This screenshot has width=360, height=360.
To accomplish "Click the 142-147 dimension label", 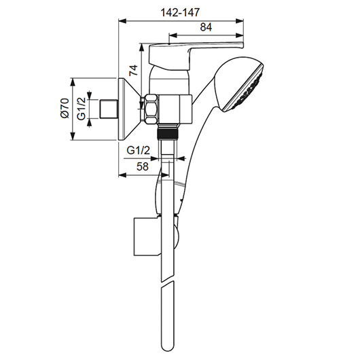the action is click(180, 12).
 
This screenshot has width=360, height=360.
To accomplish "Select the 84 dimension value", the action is click(206, 27).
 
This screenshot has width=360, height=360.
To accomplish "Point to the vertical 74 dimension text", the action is click(133, 70).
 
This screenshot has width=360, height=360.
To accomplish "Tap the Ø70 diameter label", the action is click(65, 108).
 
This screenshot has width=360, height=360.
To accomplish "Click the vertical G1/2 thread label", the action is click(82, 109).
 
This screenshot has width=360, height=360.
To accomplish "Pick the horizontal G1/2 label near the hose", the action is click(138, 151).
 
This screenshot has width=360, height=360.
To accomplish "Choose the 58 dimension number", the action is click(143, 166).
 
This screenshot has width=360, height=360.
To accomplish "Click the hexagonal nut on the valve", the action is click(151, 109).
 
